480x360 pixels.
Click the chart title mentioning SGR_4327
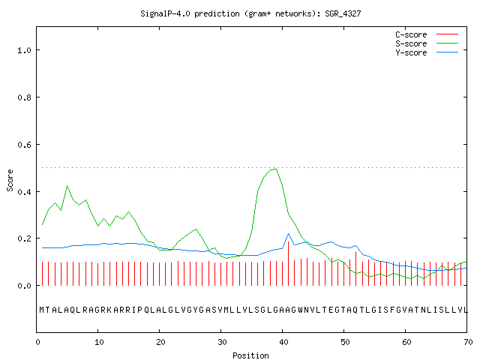tap(250, 13)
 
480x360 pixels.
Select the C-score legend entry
tap(427, 34)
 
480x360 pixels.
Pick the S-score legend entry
tap(427, 43)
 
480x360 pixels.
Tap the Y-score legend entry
tap(427, 52)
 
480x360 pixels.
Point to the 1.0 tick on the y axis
tap(24, 50)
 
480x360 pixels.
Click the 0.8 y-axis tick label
tap(24, 97)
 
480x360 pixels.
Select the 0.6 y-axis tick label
tap(24, 145)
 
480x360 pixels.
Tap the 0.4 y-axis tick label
tap(24, 192)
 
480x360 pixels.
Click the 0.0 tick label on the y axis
tap(24, 286)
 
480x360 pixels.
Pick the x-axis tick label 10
tap(99, 342)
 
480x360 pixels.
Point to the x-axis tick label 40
tap(283, 342)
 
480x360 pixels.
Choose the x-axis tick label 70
tap(468, 342)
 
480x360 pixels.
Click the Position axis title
tap(250, 355)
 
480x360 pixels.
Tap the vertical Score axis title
tap(10, 181)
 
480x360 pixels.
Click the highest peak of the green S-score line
tap(275, 169)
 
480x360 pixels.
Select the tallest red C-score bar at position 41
tap(288, 263)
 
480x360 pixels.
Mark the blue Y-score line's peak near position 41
tap(288, 234)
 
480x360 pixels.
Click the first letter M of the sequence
tap(42, 310)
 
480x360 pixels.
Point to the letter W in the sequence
tap(300, 310)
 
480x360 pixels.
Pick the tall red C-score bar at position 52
tap(356, 268)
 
